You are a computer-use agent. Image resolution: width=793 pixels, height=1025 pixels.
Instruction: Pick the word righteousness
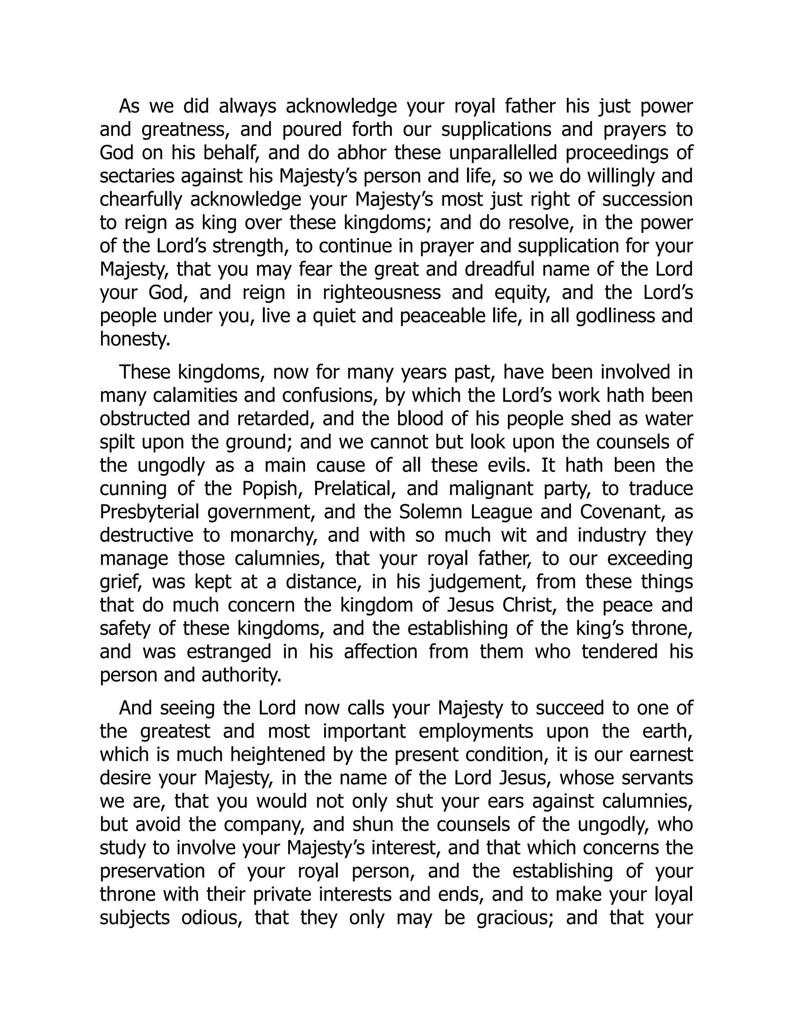click(x=381, y=293)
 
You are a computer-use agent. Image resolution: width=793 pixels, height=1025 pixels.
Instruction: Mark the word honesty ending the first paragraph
click(x=135, y=340)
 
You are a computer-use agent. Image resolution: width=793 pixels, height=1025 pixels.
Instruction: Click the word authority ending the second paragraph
click(x=241, y=675)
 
